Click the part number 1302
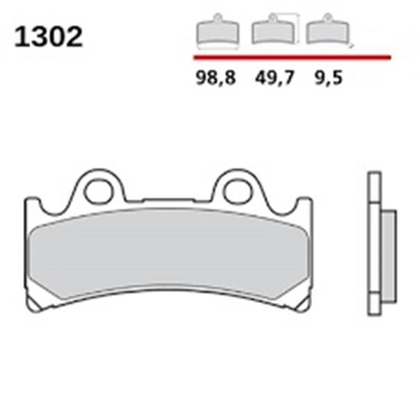(49, 38)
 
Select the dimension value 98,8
(216, 78)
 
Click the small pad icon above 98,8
(217, 32)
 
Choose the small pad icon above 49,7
(271, 31)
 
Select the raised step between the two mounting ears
(169, 201)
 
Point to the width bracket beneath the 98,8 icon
(216, 49)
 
